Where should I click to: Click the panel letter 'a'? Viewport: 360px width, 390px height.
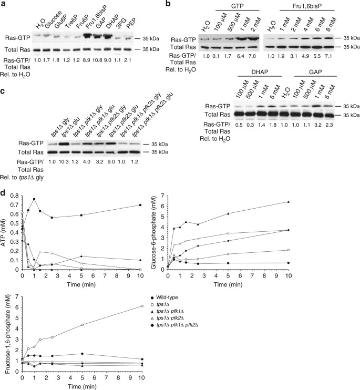coord(3,4)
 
